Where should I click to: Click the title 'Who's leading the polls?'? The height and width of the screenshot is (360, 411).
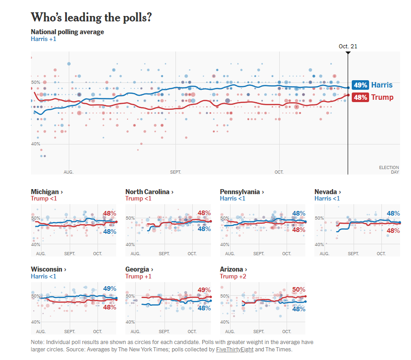pyautogui.click(x=91, y=17)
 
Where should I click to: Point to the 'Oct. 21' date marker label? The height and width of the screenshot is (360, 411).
pyautogui.click(x=348, y=46)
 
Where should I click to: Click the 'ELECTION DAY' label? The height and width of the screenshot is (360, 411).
pyautogui.click(x=389, y=170)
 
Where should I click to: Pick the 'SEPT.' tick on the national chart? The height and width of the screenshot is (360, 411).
pyautogui.click(x=175, y=172)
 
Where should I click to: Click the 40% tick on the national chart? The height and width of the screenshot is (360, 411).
pyautogui.click(x=36, y=144)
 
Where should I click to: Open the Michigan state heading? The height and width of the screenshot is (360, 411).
pyautogui.click(x=46, y=192)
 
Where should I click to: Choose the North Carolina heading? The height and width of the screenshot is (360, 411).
pyautogui.click(x=149, y=192)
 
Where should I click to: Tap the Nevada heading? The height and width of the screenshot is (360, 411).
pyautogui.click(x=328, y=192)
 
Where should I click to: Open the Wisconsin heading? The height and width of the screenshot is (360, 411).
pyautogui.click(x=48, y=269)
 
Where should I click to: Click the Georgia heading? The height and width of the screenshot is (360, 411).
pyautogui.click(x=139, y=269)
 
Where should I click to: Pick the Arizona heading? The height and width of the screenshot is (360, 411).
pyautogui.click(x=233, y=269)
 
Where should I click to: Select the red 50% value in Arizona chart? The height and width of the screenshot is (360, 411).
pyautogui.click(x=298, y=289)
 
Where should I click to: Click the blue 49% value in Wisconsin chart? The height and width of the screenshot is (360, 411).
pyautogui.click(x=109, y=288)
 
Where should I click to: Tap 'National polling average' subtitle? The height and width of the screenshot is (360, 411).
pyautogui.click(x=67, y=32)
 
